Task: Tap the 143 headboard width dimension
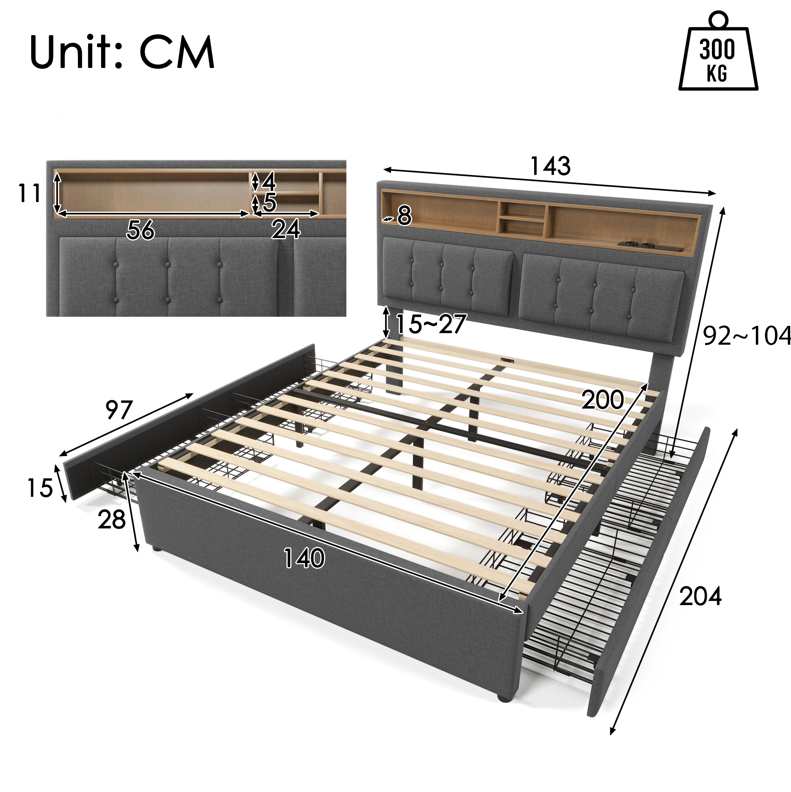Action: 550,166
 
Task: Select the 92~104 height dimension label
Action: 747,336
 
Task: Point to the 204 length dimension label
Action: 700,596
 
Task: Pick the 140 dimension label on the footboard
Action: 304,558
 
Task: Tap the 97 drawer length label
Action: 119,409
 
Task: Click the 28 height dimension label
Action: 111,520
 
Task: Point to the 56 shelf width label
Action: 140,230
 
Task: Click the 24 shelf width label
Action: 286,229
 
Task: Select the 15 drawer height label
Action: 40,488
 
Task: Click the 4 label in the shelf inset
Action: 268,181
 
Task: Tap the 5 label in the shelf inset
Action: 269,202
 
